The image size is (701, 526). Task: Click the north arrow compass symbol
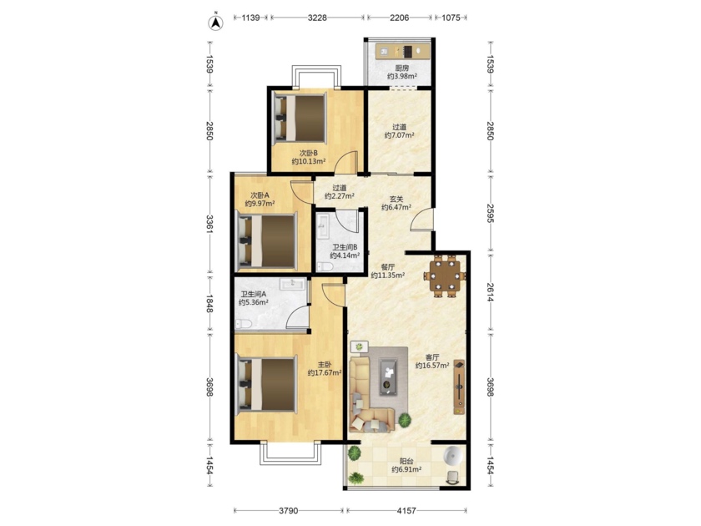(216, 23)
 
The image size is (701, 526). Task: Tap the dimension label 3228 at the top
(317, 18)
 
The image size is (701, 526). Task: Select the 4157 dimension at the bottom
(407, 510)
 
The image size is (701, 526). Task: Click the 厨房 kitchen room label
(402, 68)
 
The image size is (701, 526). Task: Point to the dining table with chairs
(445, 276)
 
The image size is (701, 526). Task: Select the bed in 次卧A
(267, 242)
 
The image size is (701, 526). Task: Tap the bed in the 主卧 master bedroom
(267, 383)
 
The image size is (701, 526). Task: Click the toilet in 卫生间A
(244, 323)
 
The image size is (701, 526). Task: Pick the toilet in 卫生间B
(325, 267)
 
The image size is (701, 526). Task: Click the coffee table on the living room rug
(387, 377)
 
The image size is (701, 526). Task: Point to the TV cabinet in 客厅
(459, 387)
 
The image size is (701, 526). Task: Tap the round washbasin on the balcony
(453, 455)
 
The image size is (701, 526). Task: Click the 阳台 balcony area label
(406, 462)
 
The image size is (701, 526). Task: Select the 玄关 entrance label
(396, 200)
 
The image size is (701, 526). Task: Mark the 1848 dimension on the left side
(209, 303)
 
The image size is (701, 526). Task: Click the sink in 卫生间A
(293, 284)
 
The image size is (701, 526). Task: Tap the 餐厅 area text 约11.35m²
(388, 275)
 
